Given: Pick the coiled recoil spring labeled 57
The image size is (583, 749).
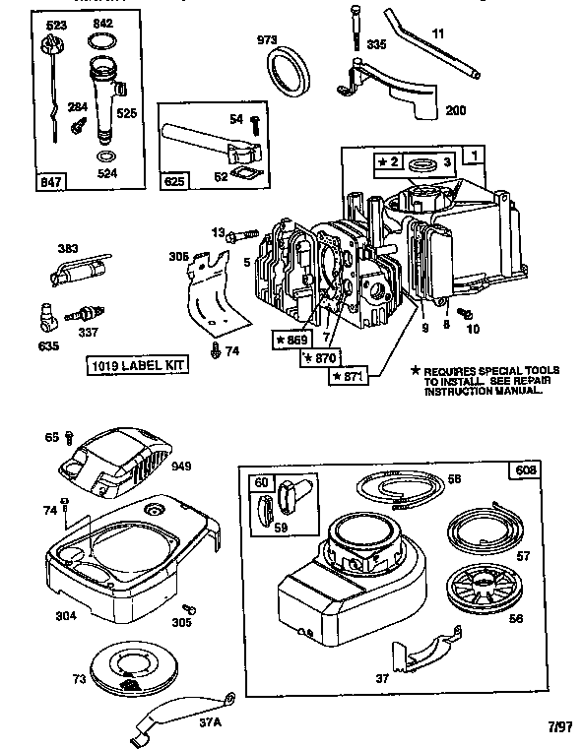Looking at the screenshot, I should point(488,530).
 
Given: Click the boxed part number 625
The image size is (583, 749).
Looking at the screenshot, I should point(173,181).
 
